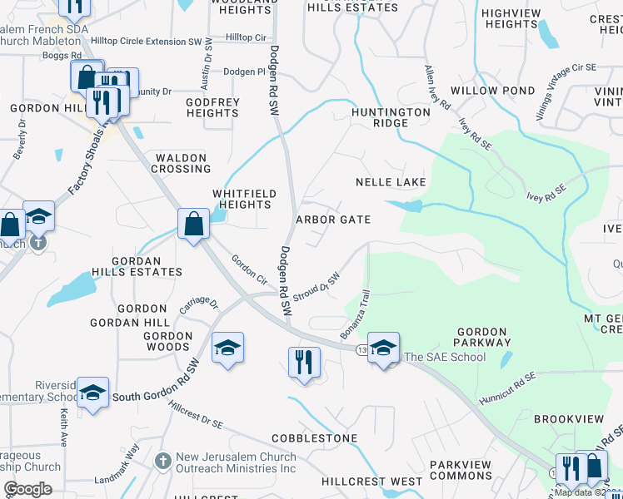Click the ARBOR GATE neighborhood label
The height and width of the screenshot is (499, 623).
click(x=333, y=220)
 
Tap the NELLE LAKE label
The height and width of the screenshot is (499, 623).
click(x=391, y=182)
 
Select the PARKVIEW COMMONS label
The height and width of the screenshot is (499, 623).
click(x=461, y=470)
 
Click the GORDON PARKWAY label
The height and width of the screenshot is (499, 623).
click(x=483, y=337)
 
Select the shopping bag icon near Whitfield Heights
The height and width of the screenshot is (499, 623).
click(x=193, y=224)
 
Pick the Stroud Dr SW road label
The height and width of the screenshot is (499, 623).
click(x=319, y=288)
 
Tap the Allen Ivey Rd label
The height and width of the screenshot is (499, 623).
click(x=437, y=89)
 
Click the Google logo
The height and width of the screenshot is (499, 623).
click(x=27, y=489)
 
